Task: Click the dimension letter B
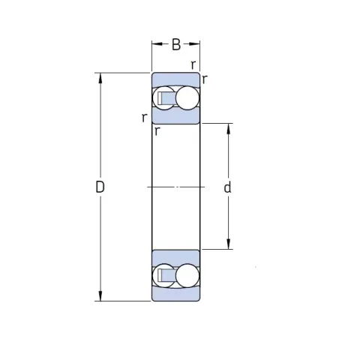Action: tap(176, 44)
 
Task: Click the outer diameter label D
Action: tap(100, 187)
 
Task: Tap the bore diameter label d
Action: tap(227, 187)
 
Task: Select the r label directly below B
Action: tap(193, 64)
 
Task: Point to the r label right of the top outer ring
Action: tap(205, 79)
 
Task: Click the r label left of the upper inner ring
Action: tap(144, 118)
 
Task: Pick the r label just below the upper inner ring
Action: tap(157, 130)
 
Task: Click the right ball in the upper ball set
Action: tap(187, 98)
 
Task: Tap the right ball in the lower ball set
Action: tap(187, 275)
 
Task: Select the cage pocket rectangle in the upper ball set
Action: tap(160, 98)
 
